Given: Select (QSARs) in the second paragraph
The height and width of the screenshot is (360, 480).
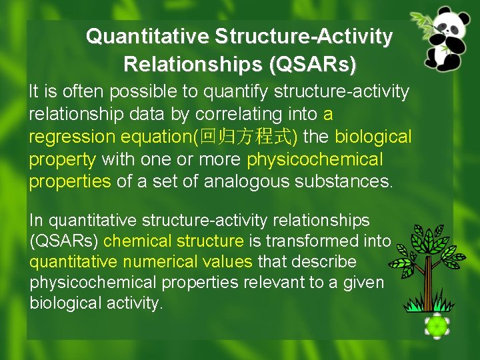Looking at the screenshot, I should (64, 241).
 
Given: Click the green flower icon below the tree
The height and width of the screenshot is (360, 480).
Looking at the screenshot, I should (436, 326).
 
